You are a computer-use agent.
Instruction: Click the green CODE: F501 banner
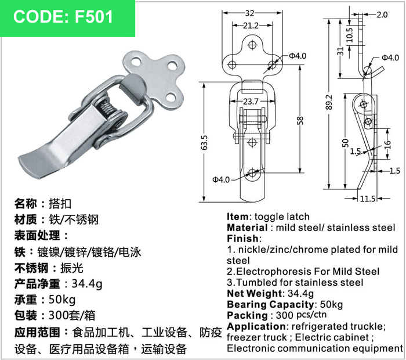pyautogui.click(x=67, y=18)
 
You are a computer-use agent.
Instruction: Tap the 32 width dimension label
pyautogui.click(x=249, y=13)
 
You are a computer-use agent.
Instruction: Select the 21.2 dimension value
pyautogui.click(x=251, y=26)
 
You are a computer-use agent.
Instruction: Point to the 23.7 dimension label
pyautogui.click(x=251, y=101)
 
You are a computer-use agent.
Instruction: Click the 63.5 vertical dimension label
pyautogui.click(x=204, y=143)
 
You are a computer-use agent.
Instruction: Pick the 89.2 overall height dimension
pyautogui.click(x=329, y=102)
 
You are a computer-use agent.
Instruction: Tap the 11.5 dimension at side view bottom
pyautogui.click(x=368, y=199)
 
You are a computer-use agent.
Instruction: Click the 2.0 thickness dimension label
pyautogui.click(x=382, y=15)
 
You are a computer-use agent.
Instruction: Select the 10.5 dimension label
pyautogui.click(x=349, y=35)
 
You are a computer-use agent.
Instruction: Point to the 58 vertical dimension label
pyautogui.click(x=300, y=121)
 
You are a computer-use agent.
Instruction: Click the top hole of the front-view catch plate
pyautogui.click(x=252, y=45)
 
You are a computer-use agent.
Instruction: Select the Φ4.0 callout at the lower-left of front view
pyautogui.click(x=221, y=179)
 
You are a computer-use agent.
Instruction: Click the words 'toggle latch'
pyautogui.click(x=282, y=217)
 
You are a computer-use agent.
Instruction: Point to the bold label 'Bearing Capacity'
pyautogui.click(x=270, y=304)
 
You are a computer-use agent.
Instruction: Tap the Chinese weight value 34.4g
pyautogui.click(x=87, y=284)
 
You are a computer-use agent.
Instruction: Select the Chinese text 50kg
pyautogui.click(x=62, y=300)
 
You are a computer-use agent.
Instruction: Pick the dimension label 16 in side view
pyautogui.click(x=387, y=143)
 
